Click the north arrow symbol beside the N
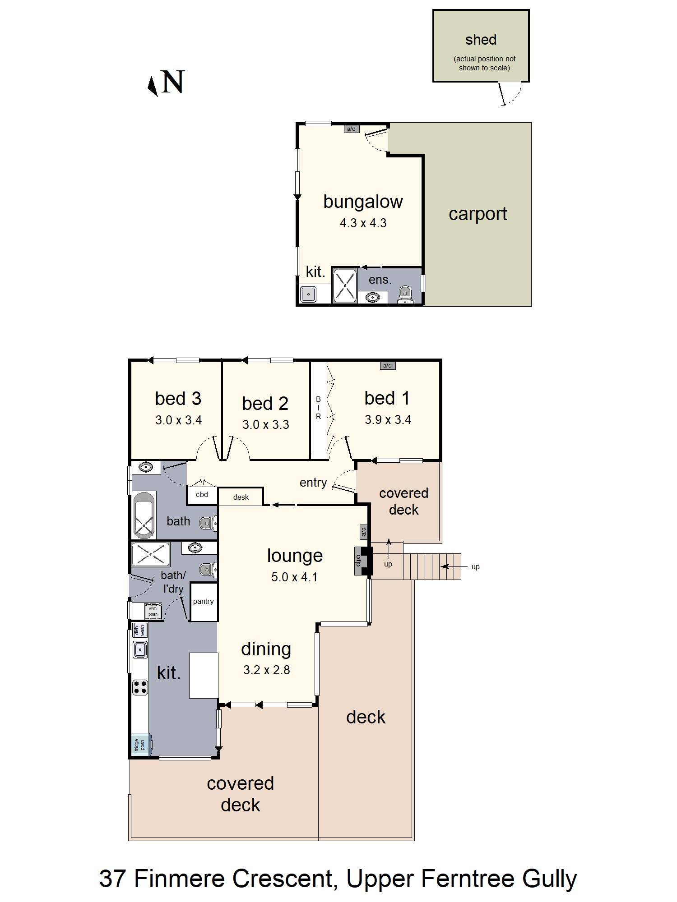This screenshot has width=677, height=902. [x=153, y=86]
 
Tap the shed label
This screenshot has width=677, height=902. [x=481, y=40]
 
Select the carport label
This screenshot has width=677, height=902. [x=478, y=214]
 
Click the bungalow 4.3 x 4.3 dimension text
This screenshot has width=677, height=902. [x=363, y=223]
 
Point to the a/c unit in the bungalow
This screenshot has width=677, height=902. [x=351, y=129]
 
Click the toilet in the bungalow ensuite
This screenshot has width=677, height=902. [x=405, y=295]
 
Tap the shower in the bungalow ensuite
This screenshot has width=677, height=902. [x=345, y=285]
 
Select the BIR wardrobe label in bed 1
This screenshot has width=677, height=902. [x=318, y=408]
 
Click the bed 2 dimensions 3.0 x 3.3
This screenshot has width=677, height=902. [x=265, y=425]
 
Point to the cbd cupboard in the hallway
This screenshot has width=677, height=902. [x=202, y=495]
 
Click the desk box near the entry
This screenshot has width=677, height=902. [x=241, y=497]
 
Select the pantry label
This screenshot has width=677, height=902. [x=203, y=602]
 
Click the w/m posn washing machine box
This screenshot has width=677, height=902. [x=153, y=611]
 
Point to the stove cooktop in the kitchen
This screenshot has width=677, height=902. [x=140, y=687]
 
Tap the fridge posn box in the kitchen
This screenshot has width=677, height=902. [x=139, y=744]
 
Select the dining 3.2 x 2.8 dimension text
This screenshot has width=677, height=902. [x=266, y=670]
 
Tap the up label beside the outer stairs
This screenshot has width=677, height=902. [x=475, y=567]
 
